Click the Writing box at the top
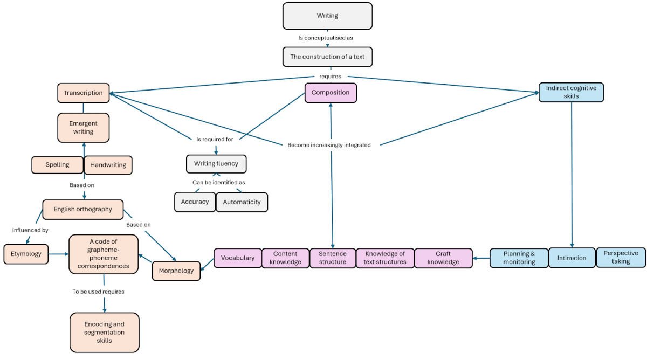pos(327,16)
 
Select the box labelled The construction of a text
pos(327,57)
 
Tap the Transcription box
pos(83,93)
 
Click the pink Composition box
pos(331,93)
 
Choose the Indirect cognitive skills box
pos(571,92)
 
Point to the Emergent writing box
pos(83,128)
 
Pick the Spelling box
pos(57,165)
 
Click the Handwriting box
pos(108,165)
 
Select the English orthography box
pos(83,209)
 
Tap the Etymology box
pos(26,253)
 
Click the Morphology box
pos(176,271)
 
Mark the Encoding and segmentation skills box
pos(104,333)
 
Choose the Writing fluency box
pos(216,164)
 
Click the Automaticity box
pos(242,202)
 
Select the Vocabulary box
pos(237,258)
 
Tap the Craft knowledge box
pos(443,258)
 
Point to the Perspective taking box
pos(621,257)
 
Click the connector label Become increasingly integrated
pos(329,145)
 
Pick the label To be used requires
pos(99,292)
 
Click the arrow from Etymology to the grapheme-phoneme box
pos(58,253)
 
